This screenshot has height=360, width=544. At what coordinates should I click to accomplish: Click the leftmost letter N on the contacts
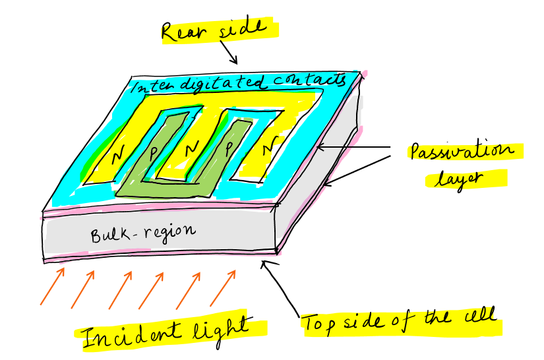[x=119, y=156]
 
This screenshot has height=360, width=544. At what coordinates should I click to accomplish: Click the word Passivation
[x=461, y=154]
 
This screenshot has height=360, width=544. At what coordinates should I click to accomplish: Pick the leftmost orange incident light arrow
[x=52, y=285]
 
